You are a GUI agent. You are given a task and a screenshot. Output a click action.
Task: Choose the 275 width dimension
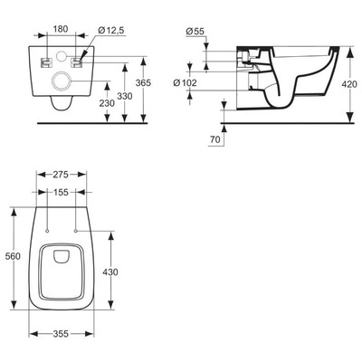[x=62, y=172]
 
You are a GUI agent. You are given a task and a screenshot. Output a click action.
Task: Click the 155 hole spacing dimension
[x=62, y=192]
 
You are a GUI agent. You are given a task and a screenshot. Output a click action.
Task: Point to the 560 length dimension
[x=12, y=256]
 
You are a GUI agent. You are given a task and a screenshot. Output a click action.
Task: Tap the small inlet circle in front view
[x=62, y=58]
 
